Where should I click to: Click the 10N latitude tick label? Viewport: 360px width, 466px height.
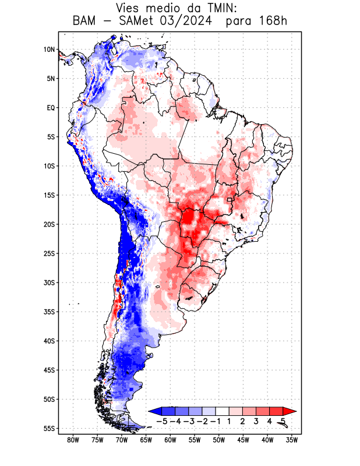click(49, 50)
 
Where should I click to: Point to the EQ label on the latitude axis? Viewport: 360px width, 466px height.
click(51, 108)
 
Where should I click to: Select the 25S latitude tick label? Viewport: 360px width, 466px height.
click(49, 253)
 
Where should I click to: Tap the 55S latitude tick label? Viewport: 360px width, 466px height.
click(49, 429)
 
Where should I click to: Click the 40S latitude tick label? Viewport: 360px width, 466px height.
click(49, 341)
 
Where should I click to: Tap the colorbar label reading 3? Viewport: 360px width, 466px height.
click(256, 421)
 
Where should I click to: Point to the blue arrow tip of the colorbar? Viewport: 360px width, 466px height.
click(152, 411)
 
